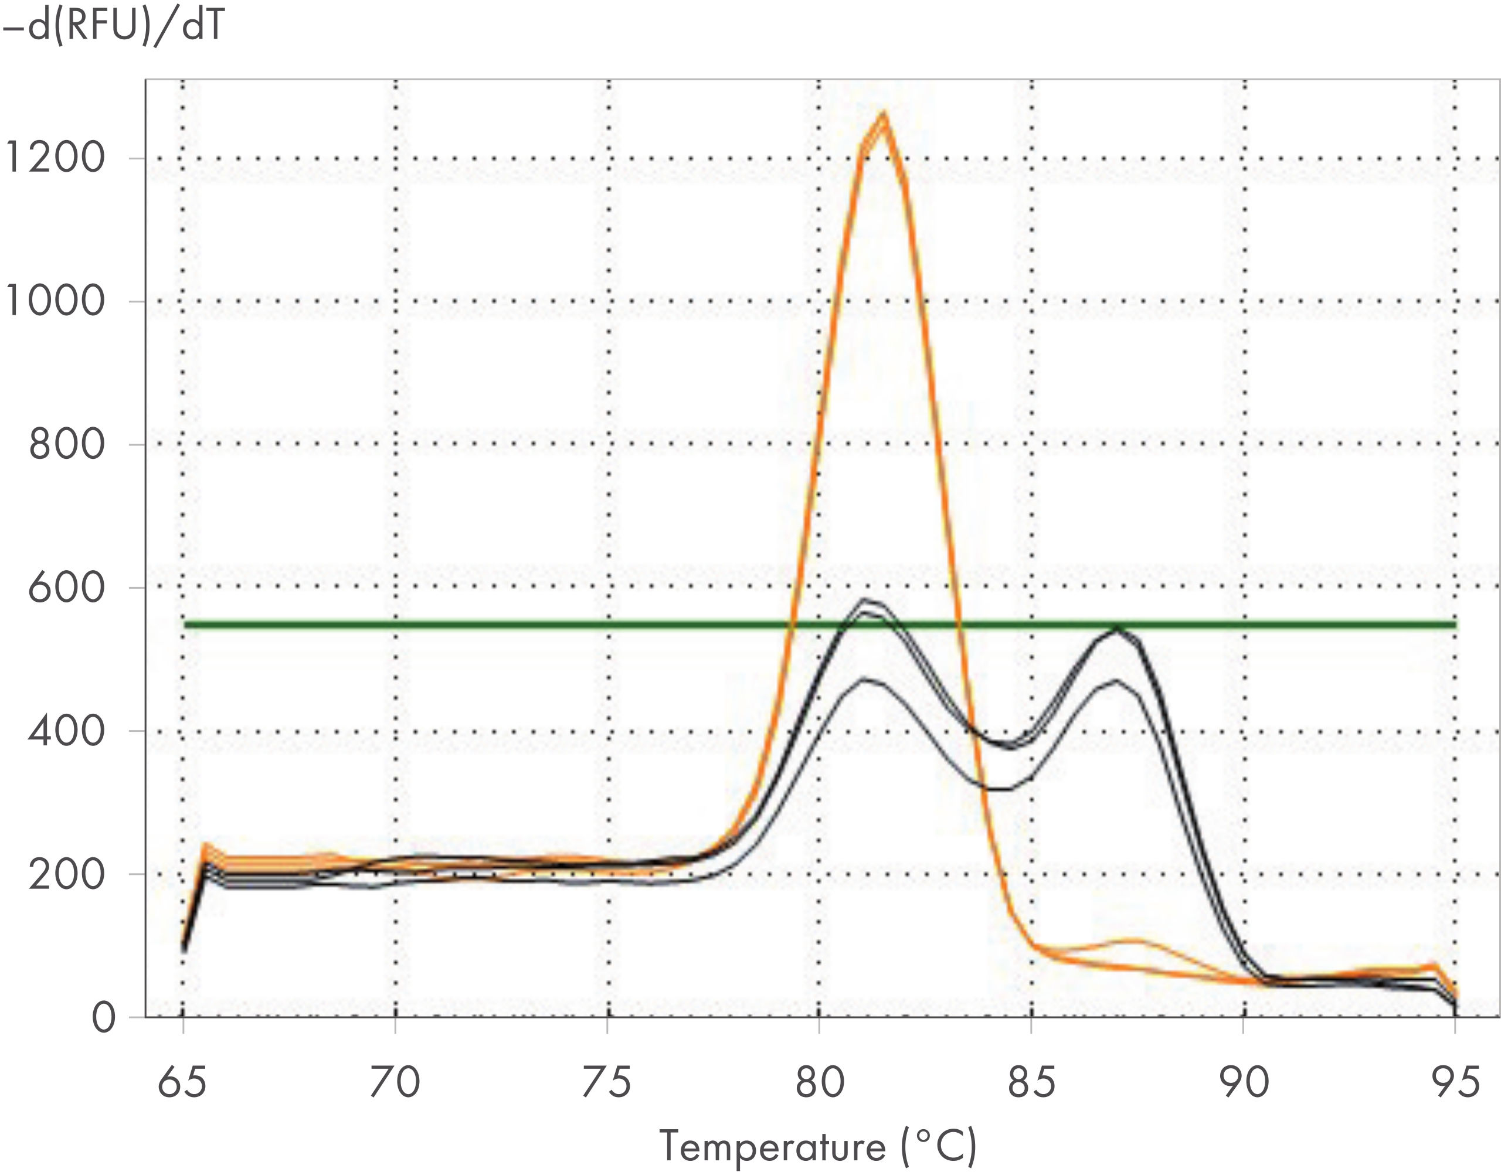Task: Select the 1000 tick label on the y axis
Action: [55, 301]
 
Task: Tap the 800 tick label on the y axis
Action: [67, 444]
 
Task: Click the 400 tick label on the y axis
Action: [67, 731]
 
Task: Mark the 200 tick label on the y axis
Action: [67, 874]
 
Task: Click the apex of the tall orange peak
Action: [884, 113]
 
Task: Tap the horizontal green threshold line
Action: [481, 625]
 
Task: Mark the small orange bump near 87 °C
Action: [1130, 940]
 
